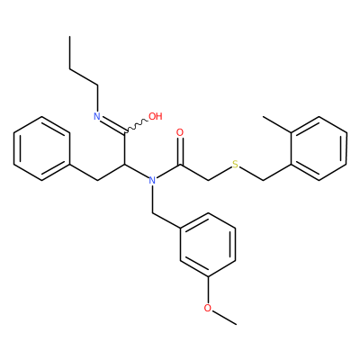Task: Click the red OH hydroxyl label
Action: (x=156, y=116)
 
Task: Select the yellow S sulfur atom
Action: (x=236, y=165)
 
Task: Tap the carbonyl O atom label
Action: (x=180, y=132)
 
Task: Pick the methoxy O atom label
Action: (x=208, y=308)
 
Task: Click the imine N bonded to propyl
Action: (x=97, y=116)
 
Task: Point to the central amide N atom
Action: (x=152, y=180)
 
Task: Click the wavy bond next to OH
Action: (x=136, y=126)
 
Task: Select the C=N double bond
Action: (x=112, y=124)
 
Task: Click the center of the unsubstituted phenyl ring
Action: (x=41, y=148)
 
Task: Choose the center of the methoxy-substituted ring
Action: (x=208, y=245)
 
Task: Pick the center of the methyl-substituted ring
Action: (x=319, y=148)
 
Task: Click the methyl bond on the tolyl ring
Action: (x=277, y=124)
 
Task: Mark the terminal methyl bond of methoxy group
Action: (x=224, y=318)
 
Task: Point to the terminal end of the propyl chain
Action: (x=69, y=37)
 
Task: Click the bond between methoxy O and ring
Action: (x=208, y=290)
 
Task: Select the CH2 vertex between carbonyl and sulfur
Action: (x=208, y=180)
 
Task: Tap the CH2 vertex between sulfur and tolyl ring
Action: (x=263, y=180)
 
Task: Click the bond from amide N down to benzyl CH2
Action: (x=152, y=199)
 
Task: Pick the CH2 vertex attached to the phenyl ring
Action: (x=97, y=180)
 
